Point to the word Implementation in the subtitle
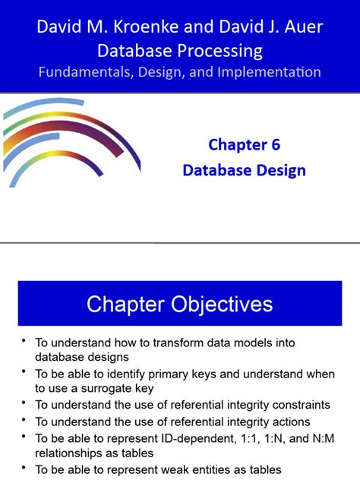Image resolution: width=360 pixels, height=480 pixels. [267, 73]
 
